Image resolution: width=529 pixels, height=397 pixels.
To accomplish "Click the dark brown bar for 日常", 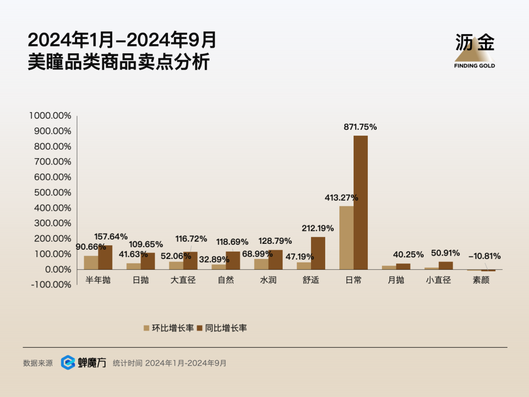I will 361,202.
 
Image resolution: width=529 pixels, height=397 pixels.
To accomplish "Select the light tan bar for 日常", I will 346,237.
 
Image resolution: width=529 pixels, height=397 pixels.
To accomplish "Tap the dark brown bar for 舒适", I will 318,253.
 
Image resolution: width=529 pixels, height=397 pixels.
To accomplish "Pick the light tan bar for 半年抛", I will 91,262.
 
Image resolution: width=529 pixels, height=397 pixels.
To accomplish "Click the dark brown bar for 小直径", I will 446,265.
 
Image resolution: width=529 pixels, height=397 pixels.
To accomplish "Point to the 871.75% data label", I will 361,127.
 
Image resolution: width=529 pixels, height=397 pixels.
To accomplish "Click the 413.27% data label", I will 341,198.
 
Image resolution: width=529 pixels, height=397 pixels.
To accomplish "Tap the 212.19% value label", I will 317,228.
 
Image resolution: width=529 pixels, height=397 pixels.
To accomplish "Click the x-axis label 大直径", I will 183,280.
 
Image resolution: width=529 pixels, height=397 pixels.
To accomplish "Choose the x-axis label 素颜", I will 481,280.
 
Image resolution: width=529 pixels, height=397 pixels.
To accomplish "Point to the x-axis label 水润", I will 268,280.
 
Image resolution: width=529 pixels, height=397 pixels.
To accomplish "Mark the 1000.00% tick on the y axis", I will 50,116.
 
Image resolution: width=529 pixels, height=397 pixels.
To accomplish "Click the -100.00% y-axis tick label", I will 50,285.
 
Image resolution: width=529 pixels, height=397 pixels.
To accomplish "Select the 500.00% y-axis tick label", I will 53,192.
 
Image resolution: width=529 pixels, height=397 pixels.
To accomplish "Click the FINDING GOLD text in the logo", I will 474,66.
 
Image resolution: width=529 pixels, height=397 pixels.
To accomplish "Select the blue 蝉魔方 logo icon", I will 68,363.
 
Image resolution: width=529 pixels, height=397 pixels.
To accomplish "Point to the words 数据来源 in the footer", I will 38,363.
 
